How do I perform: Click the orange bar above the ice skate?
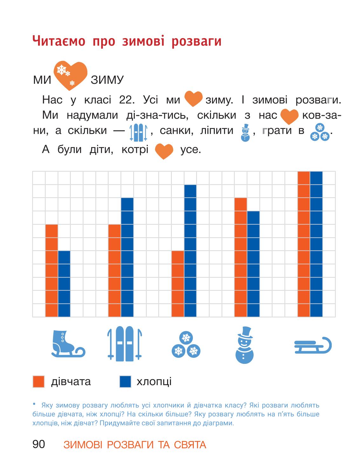point(51,271)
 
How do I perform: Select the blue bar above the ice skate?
point(64,284)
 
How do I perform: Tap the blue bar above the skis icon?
point(127,257)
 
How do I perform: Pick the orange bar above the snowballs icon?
point(178,284)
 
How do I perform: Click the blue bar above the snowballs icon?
point(190,251)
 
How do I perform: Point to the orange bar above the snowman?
point(241,257)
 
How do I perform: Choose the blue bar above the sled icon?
point(316,244)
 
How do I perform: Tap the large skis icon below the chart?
point(125,344)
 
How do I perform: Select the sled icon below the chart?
point(313,345)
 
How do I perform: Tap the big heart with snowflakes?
point(71,75)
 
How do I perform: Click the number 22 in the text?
point(127,100)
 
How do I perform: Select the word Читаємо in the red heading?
point(59,41)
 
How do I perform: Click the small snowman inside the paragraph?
point(245,133)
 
